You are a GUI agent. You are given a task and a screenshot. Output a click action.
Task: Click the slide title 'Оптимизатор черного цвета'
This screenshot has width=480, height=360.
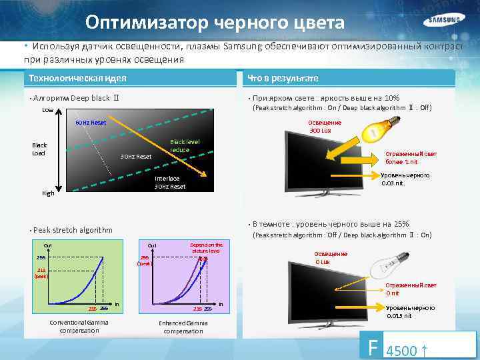(215, 23)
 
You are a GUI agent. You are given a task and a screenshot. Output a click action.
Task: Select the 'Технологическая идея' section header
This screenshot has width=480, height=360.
(78, 78)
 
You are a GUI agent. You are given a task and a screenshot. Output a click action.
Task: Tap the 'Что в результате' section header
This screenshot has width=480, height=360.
(283, 78)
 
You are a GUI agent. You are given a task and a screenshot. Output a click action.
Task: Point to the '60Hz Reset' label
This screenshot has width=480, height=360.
(91, 123)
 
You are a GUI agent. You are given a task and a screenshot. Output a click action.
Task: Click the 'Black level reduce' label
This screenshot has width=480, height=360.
(184, 145)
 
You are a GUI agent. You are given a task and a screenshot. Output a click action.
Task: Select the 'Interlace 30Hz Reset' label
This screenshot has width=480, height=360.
(170, 182)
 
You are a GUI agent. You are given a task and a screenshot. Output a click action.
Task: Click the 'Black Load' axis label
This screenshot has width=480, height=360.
(40, 149)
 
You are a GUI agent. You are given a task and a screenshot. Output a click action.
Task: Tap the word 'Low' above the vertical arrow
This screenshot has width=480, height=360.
(48, 110)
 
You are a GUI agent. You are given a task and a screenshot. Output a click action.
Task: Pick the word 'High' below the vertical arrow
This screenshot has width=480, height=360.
(49, 193)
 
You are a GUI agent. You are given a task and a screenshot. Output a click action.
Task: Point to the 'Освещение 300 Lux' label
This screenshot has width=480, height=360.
(325, 126)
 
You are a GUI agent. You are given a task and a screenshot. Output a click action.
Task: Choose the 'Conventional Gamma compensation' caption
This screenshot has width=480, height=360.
(79, 327)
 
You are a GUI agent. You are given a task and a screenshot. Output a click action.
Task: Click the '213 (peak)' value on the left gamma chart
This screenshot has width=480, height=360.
(41, 273)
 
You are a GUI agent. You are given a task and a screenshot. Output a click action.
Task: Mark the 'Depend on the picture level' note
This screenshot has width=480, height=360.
(207, 247)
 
